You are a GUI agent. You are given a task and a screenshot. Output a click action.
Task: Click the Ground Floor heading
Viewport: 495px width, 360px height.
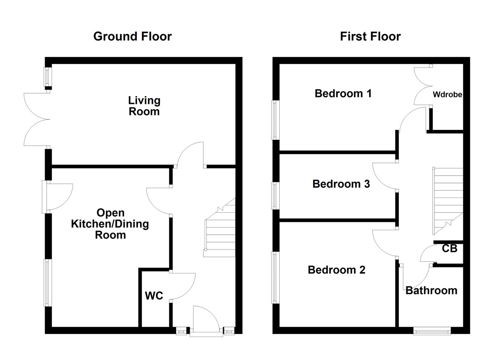[x=132, y=36]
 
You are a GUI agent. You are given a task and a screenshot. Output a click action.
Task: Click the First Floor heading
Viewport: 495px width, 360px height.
[x=370, y=36]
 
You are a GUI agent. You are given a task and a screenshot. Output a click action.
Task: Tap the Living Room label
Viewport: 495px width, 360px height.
[x=144, y=106]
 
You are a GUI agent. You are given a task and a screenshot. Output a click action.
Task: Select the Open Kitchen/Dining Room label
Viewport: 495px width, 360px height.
[x=110, y=224]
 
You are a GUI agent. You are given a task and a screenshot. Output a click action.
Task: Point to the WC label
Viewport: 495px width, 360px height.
[x=153, y=296]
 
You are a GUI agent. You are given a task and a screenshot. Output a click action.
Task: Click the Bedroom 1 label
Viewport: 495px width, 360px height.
[x=343, y=94]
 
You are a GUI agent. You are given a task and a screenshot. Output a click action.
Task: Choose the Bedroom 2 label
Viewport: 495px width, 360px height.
[x=337, y=270]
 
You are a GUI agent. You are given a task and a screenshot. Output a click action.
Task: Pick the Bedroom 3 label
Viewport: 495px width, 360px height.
[x=341, y=184]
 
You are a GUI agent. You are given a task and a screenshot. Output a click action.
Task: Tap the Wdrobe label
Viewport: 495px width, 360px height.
[x=447, y=94]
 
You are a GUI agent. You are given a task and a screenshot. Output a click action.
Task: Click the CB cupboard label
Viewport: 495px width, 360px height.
[x=449, y=249]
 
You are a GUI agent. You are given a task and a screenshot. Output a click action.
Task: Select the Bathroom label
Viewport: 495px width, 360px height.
[x=431, y=290]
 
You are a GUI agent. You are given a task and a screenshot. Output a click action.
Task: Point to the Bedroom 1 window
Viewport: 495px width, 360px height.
[x=275, y=120]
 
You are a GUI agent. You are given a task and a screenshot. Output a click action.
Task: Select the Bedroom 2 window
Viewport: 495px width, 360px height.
[x=275, y=278]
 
